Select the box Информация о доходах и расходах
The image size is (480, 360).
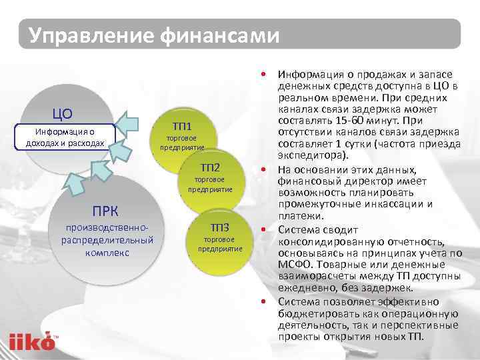64,137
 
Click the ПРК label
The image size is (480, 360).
106,212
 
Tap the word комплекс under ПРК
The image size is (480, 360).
107,253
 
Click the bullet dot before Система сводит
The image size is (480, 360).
265,229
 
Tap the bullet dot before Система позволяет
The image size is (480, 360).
265,301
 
